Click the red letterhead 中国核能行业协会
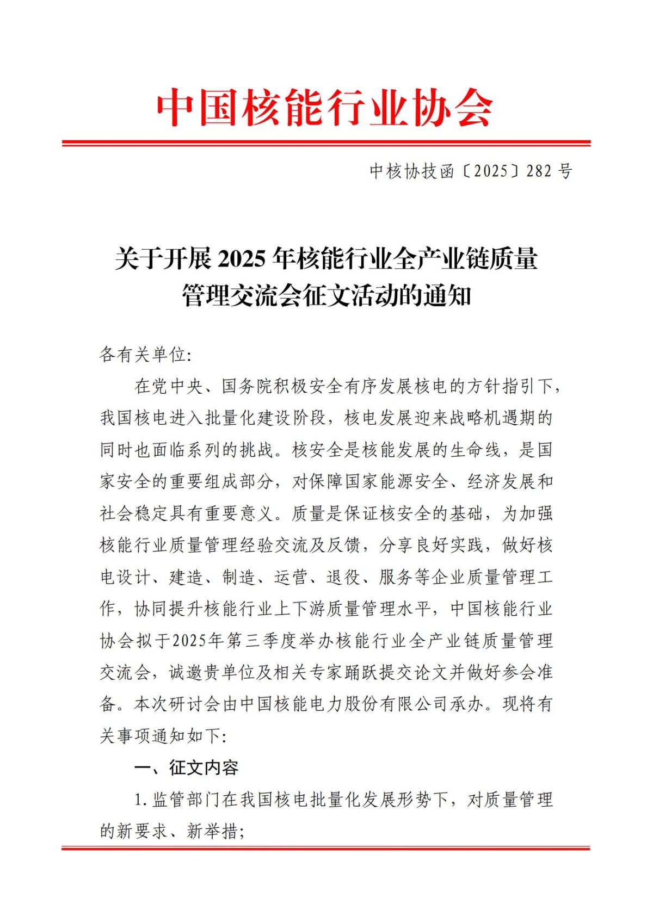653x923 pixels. (x=325, y=107)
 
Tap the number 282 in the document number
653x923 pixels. (x=539, y=171)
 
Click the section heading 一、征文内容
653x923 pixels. (x=187, y=767)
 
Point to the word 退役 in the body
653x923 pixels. (x=343, y=577)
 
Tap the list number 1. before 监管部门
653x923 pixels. (x=140, y=800)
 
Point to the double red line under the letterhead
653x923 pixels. (x=326, y=144)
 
